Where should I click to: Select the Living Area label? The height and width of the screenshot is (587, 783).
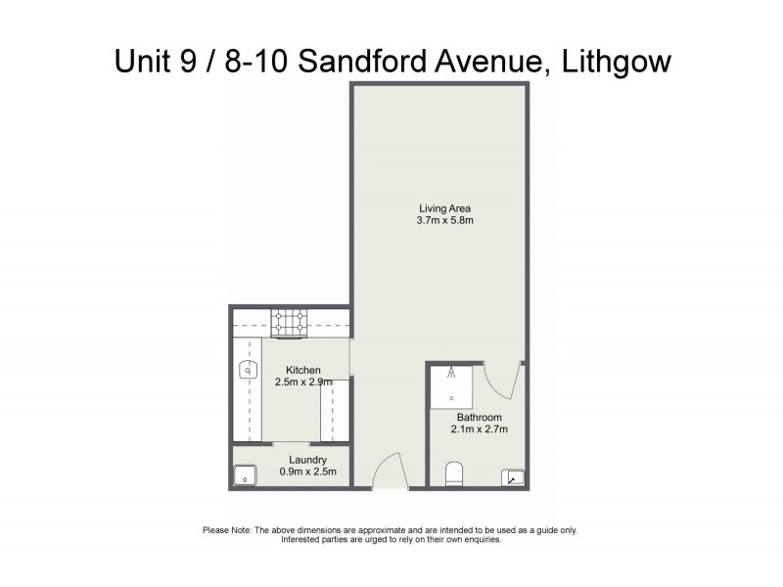point(445,208)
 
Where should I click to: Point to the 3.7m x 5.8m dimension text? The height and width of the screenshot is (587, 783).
point(445,221)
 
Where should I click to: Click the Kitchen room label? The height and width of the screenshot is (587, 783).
point(303,370)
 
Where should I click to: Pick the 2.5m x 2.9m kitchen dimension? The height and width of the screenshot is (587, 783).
point(303,383)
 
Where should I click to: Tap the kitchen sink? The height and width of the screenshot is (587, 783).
point(248,370)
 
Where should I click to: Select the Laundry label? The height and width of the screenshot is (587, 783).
point(307,460)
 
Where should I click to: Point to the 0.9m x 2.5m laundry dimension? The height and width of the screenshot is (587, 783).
point(307,472)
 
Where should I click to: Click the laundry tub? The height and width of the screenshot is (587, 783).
point(245,475)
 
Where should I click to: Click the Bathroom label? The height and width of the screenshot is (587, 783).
point(479,418)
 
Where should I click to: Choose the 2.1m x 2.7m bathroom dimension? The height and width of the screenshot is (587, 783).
point(479,429)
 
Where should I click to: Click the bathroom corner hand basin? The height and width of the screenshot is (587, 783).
point(514,477)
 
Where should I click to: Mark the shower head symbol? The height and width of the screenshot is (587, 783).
point(451,372)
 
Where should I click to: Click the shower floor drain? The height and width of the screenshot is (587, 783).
point(451,398)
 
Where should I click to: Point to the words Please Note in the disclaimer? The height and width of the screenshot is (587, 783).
point(227,530)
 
